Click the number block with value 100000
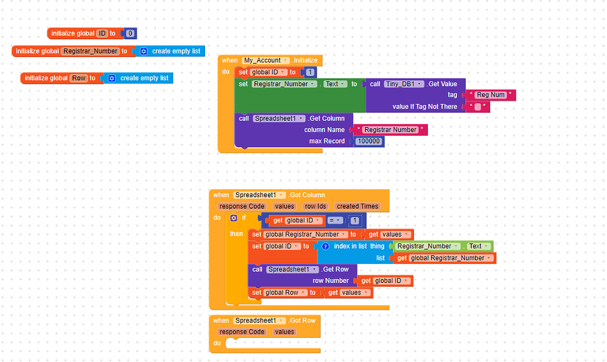369,141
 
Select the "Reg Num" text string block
491,95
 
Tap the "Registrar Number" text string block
390,130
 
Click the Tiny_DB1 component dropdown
404,84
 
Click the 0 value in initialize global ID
130,34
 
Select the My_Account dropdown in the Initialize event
266,61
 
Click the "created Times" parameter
357,207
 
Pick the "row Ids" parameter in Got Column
315,207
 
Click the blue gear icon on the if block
234,218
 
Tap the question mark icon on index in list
325,246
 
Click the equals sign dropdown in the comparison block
336,221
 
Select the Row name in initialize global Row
78,78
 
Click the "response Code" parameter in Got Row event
241,332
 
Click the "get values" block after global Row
349,293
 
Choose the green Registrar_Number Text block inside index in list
442,246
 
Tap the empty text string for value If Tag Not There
478,107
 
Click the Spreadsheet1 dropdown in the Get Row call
288,269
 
